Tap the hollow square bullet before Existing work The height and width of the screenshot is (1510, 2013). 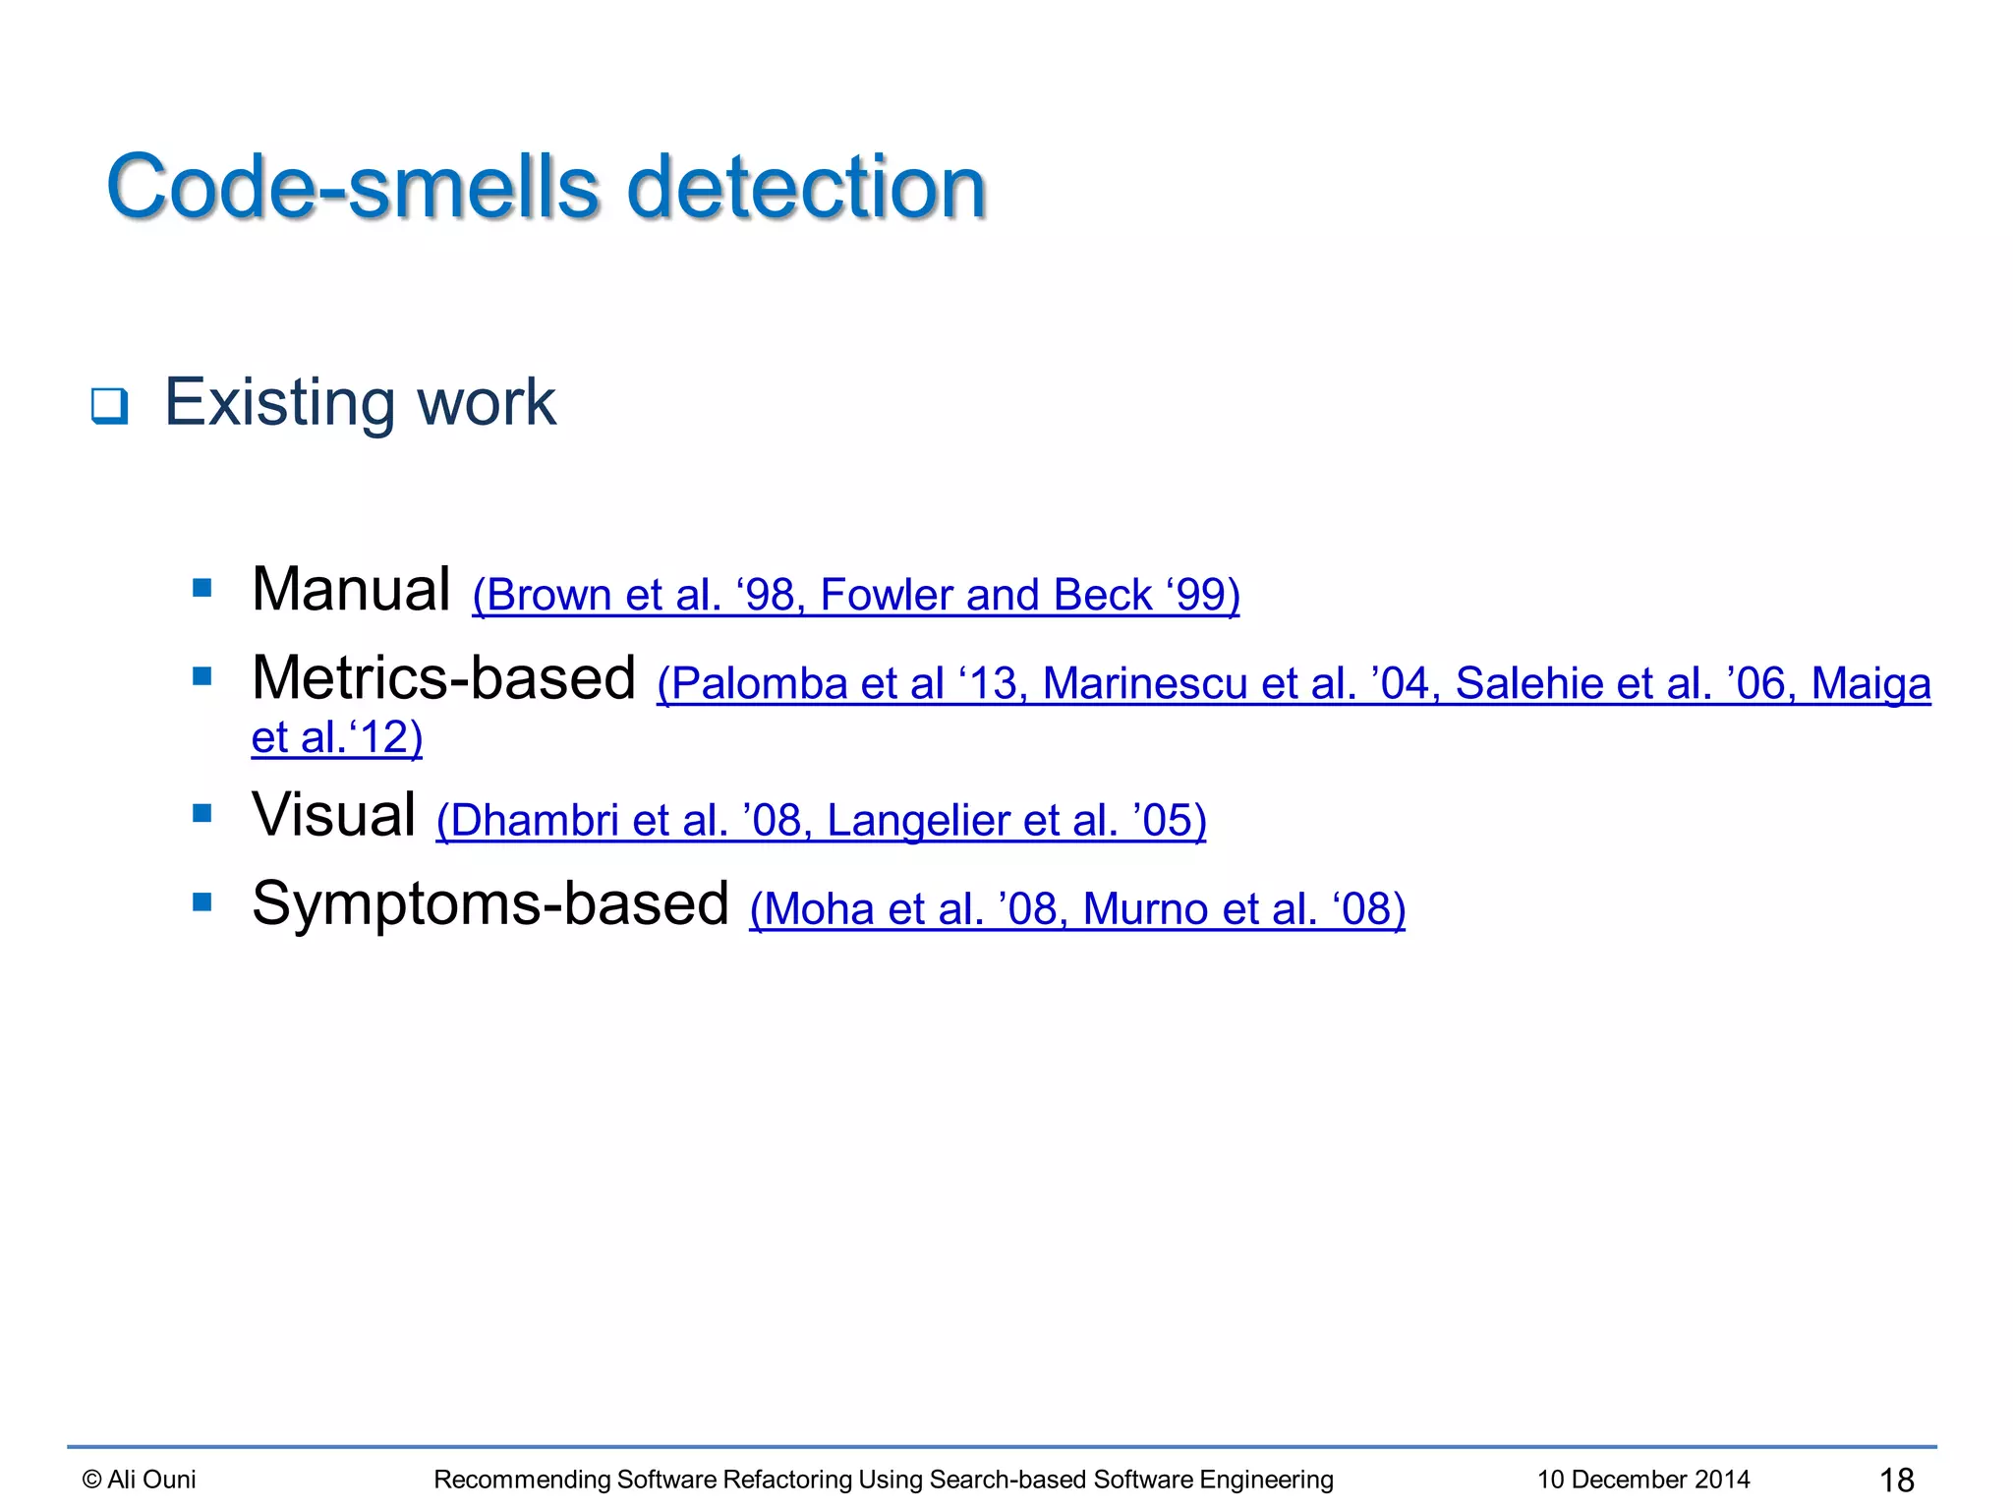pyautogui.click(x=109, y=405)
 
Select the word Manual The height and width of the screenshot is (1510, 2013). pyautogui.click(x=351, y=590)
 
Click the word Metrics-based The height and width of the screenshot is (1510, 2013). pyautogui.click(x=443, y=678)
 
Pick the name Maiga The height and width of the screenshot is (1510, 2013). pyautogui.click(x=1870, y=684)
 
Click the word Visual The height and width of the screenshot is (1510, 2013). pyautogui.click(x=333, y=815)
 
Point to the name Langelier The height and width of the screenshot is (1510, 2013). pyautogui.click(x=917, y=821)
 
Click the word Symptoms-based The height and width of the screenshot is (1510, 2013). pyautogui.click(x=489, y=903)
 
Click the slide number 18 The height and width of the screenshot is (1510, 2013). pyautogui.click(x=1896, y=1480)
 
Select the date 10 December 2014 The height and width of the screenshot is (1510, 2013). pyautogui.click(x=1643, y=1480)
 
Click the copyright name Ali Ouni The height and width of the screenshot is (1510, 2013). pyautogui.click(x=151, y=1480)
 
